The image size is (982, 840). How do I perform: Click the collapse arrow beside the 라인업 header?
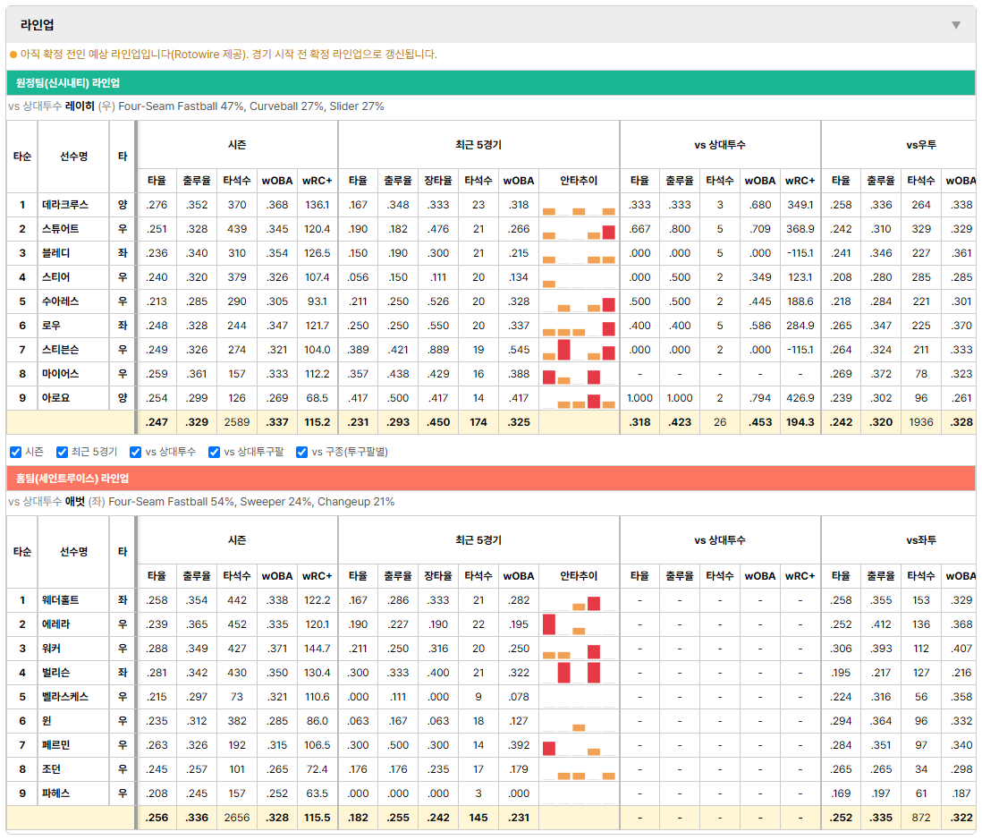click(956, 25)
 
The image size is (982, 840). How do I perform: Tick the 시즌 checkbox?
click(16, 453)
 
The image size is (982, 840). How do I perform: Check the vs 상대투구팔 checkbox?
click(214, 453)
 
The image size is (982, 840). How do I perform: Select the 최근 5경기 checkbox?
click(62, 453)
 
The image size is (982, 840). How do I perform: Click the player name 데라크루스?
click(65, 205)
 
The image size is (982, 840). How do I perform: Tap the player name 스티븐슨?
click(60, 350)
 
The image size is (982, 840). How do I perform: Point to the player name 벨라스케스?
click(65, 697)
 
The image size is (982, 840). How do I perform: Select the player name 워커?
click(51, 649)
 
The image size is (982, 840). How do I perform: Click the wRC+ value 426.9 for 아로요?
click(800, 398)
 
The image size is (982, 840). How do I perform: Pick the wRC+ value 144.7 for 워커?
click(317, 649)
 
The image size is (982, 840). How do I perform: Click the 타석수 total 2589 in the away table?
click(237, 422)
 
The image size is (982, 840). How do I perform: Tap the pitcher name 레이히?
click(80, 106)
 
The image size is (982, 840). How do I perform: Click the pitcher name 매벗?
click(74, 502)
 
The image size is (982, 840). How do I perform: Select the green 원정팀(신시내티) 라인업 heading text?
click(68, 82)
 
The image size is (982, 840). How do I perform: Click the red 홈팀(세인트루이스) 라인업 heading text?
click(72, 479)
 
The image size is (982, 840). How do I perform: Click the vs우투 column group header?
click(920, 145)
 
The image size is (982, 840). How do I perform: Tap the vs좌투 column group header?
click(920, 540)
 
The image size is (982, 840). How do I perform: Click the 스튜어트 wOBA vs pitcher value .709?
click(759, 229)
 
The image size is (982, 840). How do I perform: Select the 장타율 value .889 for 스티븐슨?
click(437, 350)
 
